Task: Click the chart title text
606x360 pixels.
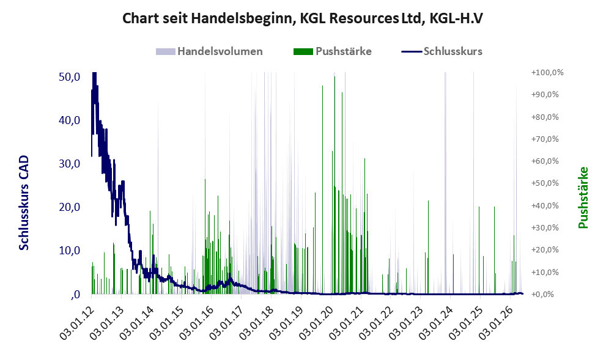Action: point(303,18)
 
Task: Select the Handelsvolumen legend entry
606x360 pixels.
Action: point(209,51)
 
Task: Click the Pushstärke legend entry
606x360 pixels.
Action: point(333,51)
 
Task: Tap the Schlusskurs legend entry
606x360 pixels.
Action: point(442,51)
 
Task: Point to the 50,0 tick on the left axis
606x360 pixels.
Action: point(70,77)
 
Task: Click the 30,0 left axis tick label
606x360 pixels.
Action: point(70,164)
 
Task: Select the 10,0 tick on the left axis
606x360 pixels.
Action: point(70,251)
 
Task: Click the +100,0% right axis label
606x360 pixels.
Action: point(547,73)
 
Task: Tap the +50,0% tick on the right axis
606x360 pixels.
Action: point(545,183)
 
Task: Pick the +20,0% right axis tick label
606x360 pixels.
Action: point(545,249)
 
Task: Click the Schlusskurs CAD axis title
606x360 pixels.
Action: point(24,203)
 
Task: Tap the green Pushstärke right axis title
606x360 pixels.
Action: point(583,198)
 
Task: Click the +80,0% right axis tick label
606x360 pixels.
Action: point(545,117)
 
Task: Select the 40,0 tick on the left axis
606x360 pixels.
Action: point(70,120)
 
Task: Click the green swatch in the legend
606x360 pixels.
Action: point(303,52)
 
